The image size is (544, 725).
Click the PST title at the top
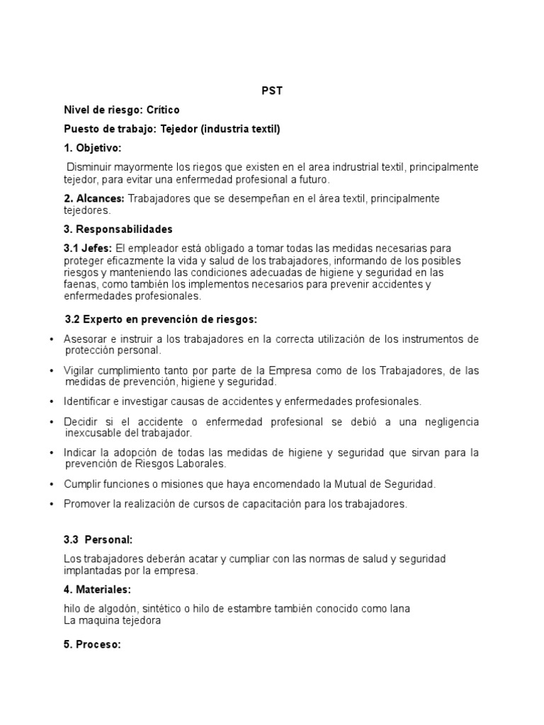coord(272,91)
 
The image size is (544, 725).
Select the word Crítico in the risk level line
coord(163,110)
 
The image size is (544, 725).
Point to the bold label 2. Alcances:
coord(94,198)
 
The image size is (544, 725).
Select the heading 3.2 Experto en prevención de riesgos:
coord(161,319)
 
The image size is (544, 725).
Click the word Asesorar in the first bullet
coord(85,339)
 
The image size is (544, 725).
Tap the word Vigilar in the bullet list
coord(79,370)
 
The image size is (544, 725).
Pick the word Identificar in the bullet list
coord(88,401)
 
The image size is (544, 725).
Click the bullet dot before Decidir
coord(52,422)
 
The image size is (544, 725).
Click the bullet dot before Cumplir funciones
coord(52,484)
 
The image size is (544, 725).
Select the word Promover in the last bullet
coord(86,504)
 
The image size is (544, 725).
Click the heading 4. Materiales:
coord(97,589)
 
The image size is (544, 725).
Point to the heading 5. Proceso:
coord(92,645)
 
